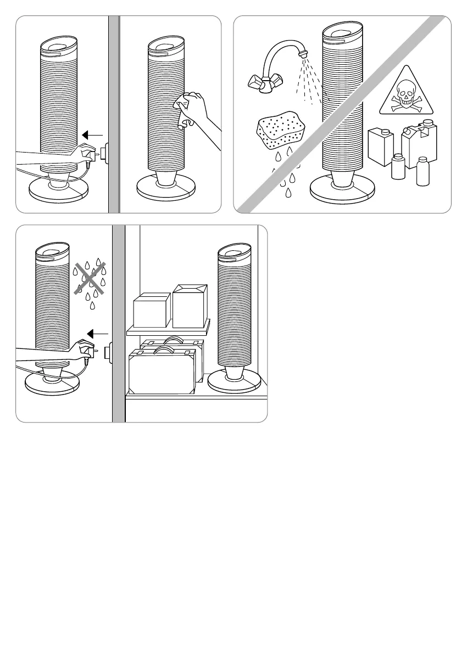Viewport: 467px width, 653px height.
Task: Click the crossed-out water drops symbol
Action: [x=88, y=276]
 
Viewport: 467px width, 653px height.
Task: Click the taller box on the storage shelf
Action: [x=190, y=306]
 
